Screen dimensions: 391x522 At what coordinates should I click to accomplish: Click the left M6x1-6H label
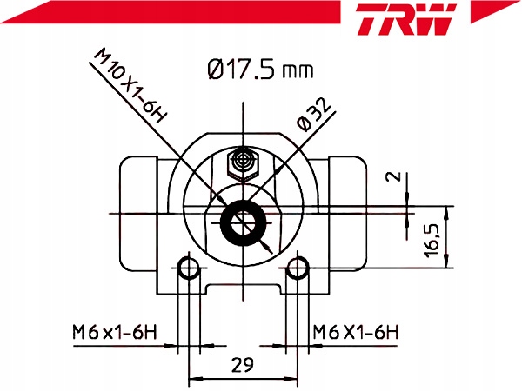113,331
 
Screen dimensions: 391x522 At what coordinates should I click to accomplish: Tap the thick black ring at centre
244,224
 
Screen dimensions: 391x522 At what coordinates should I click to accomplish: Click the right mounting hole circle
298,268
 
